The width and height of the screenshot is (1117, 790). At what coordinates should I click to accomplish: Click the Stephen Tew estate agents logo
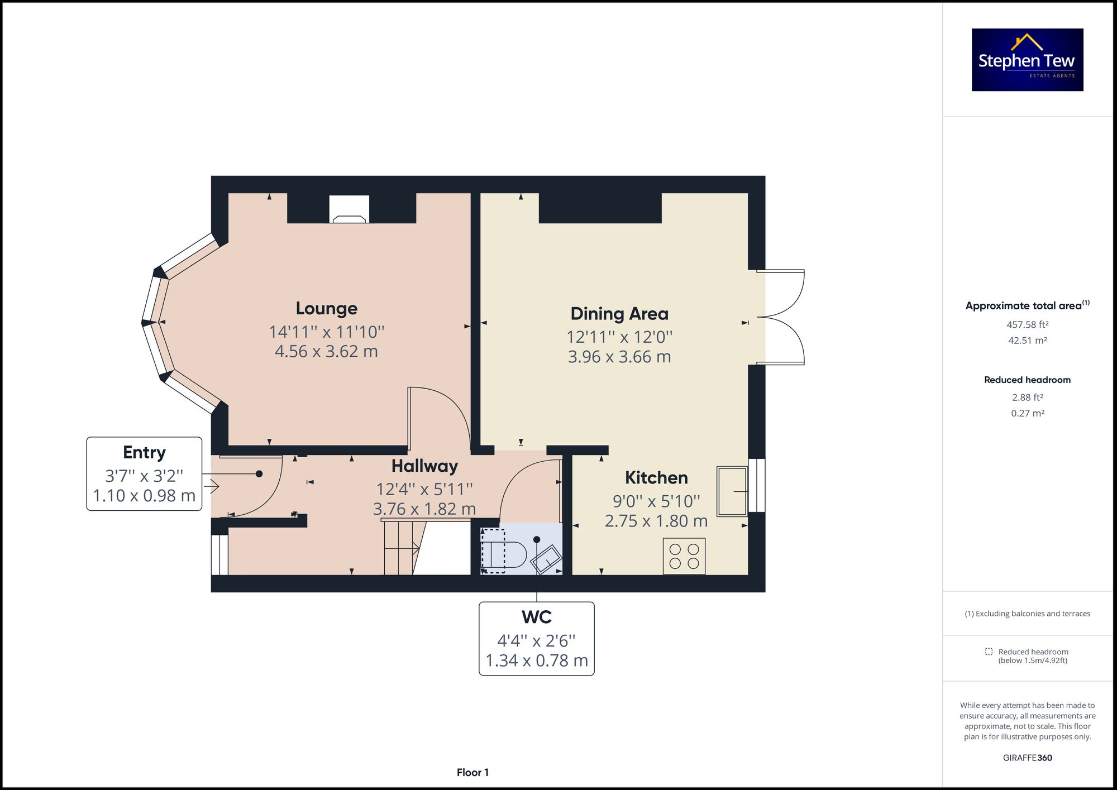(x=1027, y=60)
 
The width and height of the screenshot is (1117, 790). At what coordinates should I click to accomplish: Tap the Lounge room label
(x=326, y=308)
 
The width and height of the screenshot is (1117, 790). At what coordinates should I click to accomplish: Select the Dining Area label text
(x=619, y=314)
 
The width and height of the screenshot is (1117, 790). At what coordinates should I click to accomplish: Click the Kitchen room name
(x=656, y=478)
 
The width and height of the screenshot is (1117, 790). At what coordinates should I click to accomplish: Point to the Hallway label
(x=424, y=466)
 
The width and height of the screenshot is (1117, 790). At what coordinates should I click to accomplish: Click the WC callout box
(x=536, y=638)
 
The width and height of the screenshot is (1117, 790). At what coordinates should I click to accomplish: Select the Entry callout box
(x=144, y=473)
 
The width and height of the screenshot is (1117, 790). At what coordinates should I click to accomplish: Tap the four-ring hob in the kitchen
(x=684, y=556)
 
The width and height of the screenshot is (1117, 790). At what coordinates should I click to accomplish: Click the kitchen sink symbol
(x=732, y=491)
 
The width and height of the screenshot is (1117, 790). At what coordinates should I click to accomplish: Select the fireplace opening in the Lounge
(x=349, y=209)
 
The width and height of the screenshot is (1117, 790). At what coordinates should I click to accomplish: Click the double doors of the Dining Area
(x=782, y=317)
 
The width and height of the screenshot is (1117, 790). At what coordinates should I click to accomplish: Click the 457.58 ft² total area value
(x=1027, y=324)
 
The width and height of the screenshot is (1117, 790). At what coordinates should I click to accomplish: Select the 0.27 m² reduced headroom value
(x=1027, y=414)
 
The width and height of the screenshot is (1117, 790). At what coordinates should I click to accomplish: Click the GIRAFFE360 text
(x=1027, y=758)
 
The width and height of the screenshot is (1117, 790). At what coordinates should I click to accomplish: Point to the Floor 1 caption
(x=472, y=773)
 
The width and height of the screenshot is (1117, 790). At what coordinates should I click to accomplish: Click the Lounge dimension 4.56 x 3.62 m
(x=326, y=351)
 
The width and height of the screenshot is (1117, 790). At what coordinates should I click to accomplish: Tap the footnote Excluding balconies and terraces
(x=1027, y=614)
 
